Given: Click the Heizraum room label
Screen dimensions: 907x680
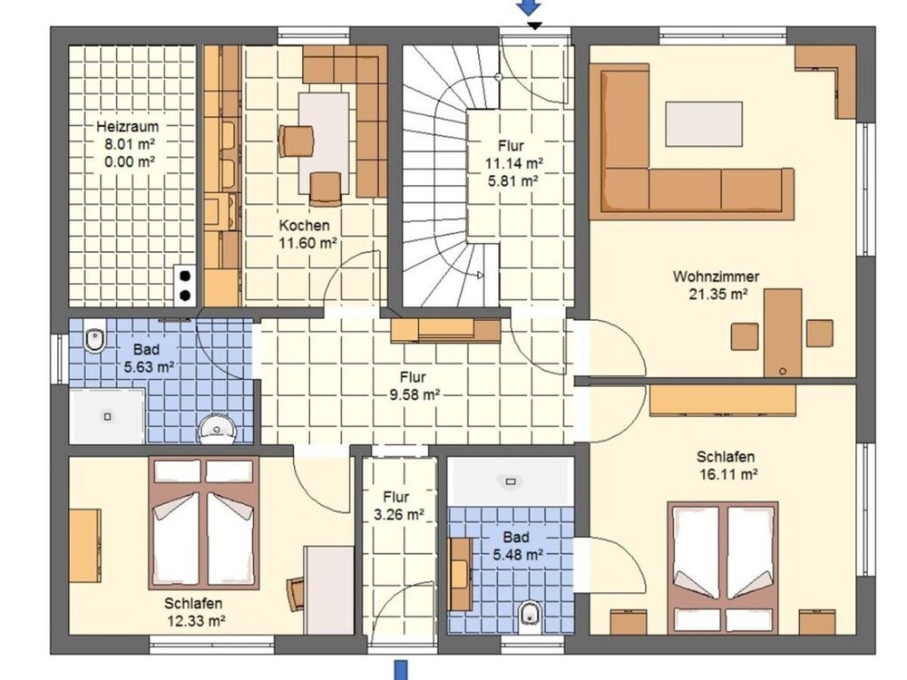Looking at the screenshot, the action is [x=127, y=126].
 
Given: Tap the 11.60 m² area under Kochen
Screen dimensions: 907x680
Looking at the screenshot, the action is [x=308, y=243].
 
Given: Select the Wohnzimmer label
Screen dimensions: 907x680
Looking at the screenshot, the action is [x=716, y=277].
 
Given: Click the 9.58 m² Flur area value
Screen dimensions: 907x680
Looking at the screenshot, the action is [x=416, y=395].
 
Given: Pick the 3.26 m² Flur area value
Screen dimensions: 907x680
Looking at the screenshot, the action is [x=399, y=514].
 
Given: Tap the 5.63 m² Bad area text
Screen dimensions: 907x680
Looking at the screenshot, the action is [x=150, y=366].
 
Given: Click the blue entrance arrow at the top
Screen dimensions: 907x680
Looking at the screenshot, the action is [x=530, y=7].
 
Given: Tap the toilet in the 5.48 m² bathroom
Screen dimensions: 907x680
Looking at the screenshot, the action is [x=530, y=614].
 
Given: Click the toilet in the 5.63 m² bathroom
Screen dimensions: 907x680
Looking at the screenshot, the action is [x=95, y=339].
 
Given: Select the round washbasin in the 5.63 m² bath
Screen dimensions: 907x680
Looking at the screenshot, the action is [x=218, y=430].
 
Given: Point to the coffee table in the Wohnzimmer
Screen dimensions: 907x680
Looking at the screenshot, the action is [x=704, y=123].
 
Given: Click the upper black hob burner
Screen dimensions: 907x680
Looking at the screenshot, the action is [x=185, y=276].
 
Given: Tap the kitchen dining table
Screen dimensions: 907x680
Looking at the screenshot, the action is [x=324, y=143].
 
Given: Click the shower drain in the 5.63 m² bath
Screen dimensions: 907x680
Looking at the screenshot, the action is [x=108, y=416].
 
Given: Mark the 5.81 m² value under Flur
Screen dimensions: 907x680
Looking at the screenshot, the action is [x=513, y=181].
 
